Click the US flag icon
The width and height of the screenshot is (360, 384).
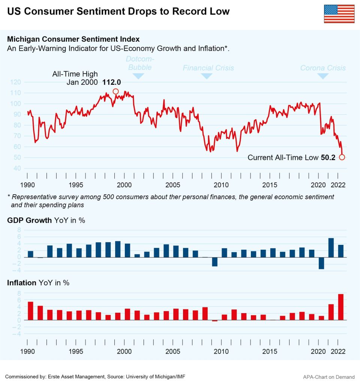click(x=339, y=14)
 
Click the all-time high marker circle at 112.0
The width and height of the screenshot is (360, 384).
click(x=115, y=91)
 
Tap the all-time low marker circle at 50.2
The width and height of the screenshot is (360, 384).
click(x=342, y=157)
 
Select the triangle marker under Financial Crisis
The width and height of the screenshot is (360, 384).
click(x=207, y=76)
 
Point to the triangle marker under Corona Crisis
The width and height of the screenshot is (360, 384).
click(x=323, y=76)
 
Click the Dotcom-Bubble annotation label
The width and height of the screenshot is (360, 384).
click(x=139, y=63)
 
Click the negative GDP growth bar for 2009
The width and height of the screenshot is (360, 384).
click(x=214, y=262)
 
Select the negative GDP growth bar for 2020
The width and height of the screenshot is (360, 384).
click(x=321, y=263)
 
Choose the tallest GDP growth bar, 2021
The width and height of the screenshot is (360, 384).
click(x=331, y=247)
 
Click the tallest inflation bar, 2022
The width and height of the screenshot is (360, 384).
click(x=341, y=307)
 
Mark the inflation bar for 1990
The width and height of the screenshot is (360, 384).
click(x=30, y=311)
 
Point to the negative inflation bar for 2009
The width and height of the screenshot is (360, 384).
click(x=214, y=321)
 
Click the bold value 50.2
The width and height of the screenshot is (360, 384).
click(x=328, y=157)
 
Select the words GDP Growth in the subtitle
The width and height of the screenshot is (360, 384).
click(x=29, y=220)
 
